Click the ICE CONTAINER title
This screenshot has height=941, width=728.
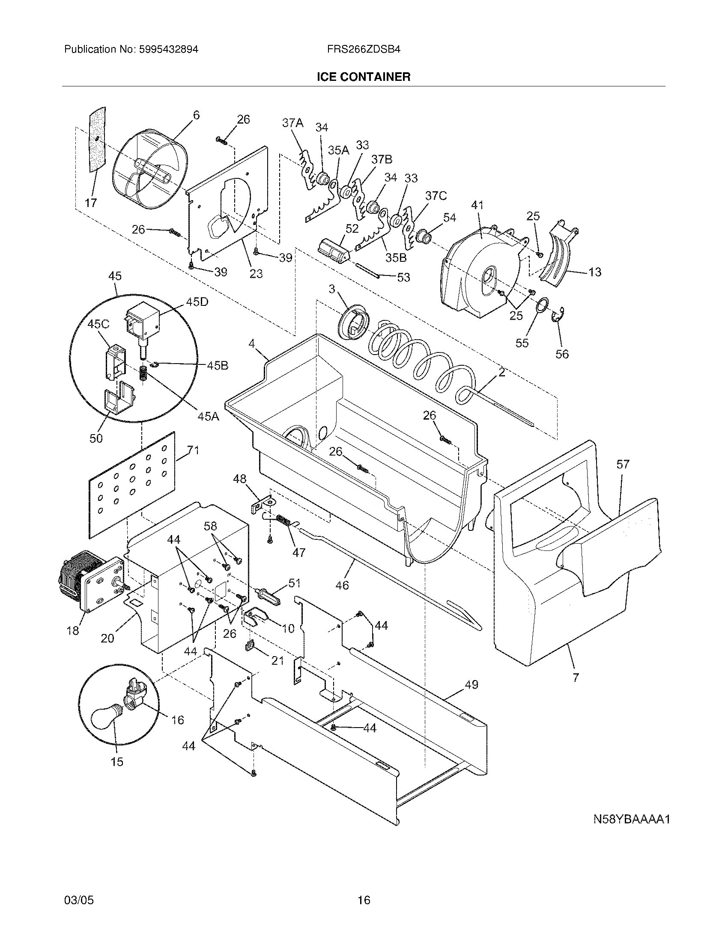click(x=364, y=77)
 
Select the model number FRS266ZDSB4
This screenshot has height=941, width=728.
click(x=364, y=49)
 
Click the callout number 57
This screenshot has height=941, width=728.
click(x=623, y=464)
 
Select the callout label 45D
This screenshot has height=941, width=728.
click(x=197, y=302)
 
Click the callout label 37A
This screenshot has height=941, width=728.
click(x=292, y=123)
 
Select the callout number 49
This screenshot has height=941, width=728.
click(x=471, y=684)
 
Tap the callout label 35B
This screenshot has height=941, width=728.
click(x=396, y=257)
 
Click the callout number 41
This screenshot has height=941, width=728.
click(x=477, y=205)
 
